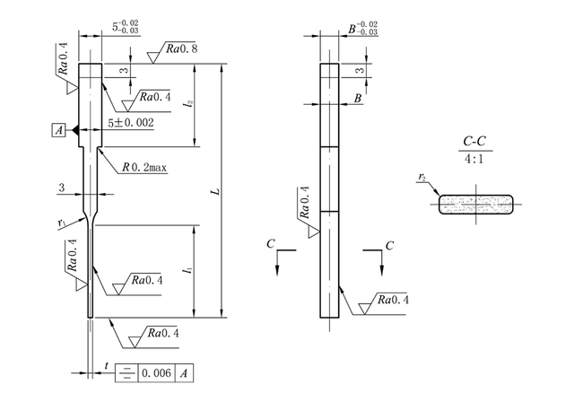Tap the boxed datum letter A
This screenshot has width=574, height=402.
[x=59, y=131]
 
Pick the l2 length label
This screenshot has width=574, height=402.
[x=187, y=104]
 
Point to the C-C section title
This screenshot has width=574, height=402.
[x=474, y=142]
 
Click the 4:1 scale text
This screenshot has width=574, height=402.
[x=475, y=159]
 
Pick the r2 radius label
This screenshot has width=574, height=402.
[x=422, y=179]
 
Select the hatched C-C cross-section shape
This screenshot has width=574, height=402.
[x=476, y=205]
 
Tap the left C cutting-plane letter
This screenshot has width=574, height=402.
[x=270, y=243]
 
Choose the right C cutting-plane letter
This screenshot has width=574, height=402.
[x=389, y=243]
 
